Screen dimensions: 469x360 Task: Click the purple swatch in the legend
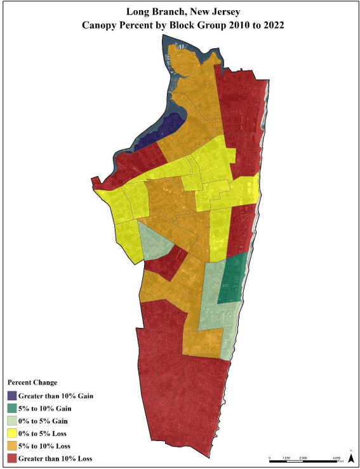tap(12, 396)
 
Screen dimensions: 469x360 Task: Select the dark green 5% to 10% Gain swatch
tap(12, 409)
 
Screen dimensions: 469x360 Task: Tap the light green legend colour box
tap(12, 421)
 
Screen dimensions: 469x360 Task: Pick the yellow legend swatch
tap(12, 433)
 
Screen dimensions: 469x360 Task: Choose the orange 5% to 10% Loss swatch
tap(12, 445)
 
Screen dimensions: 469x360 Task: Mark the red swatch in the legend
tap(12, 458)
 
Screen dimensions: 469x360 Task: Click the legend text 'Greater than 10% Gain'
tap(57, 396)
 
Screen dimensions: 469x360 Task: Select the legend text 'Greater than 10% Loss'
tap(57, 458)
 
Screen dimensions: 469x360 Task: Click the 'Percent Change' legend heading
tap(32, 383)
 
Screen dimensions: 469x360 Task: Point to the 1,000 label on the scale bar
tap(286, 457)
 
